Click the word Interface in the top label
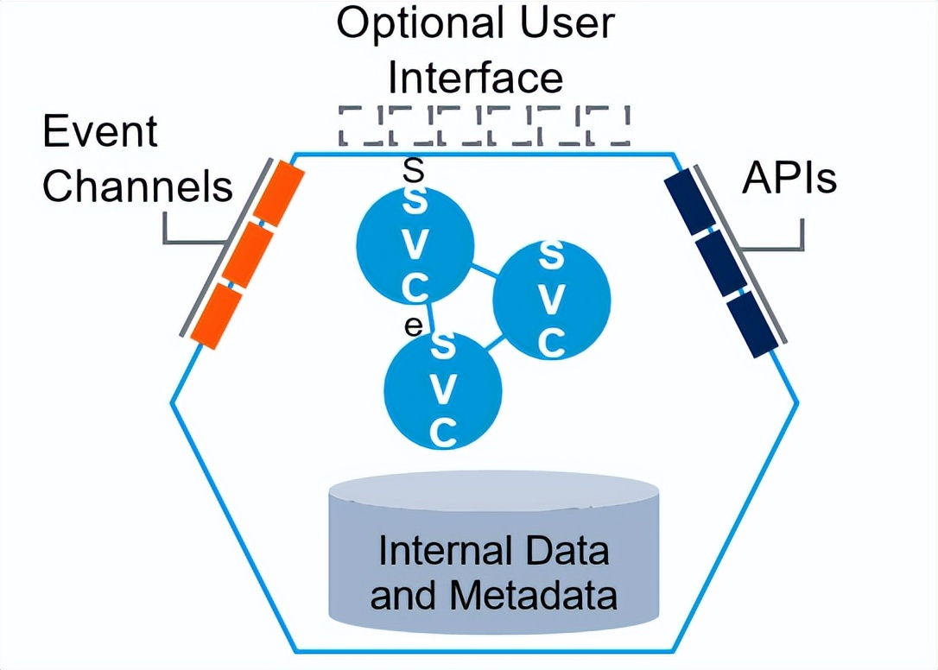(476, 77)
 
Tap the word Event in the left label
(100, 132)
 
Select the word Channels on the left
(138, 186)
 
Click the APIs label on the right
(789, 179)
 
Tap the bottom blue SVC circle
(442, 390)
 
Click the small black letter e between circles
(414, 326)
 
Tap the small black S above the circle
(414, 171)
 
